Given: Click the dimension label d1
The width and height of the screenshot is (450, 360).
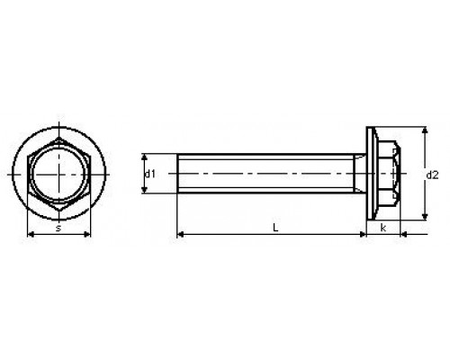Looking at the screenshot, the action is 150,174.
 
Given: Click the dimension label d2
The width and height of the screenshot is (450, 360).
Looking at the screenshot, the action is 432,175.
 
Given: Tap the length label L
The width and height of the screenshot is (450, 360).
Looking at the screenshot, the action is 275,228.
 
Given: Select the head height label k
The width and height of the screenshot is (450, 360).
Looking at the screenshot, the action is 383,228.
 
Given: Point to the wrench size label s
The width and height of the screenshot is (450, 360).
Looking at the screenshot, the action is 58,228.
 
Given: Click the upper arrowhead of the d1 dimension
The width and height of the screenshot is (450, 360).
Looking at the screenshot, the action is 145,157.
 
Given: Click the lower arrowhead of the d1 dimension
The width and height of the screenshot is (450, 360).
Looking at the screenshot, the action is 145,190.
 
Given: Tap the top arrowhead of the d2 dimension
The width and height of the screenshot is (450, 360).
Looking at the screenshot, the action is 425,130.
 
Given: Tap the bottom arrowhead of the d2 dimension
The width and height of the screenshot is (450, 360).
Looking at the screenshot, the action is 425,217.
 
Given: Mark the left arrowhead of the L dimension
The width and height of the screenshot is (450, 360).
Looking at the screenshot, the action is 180,234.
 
